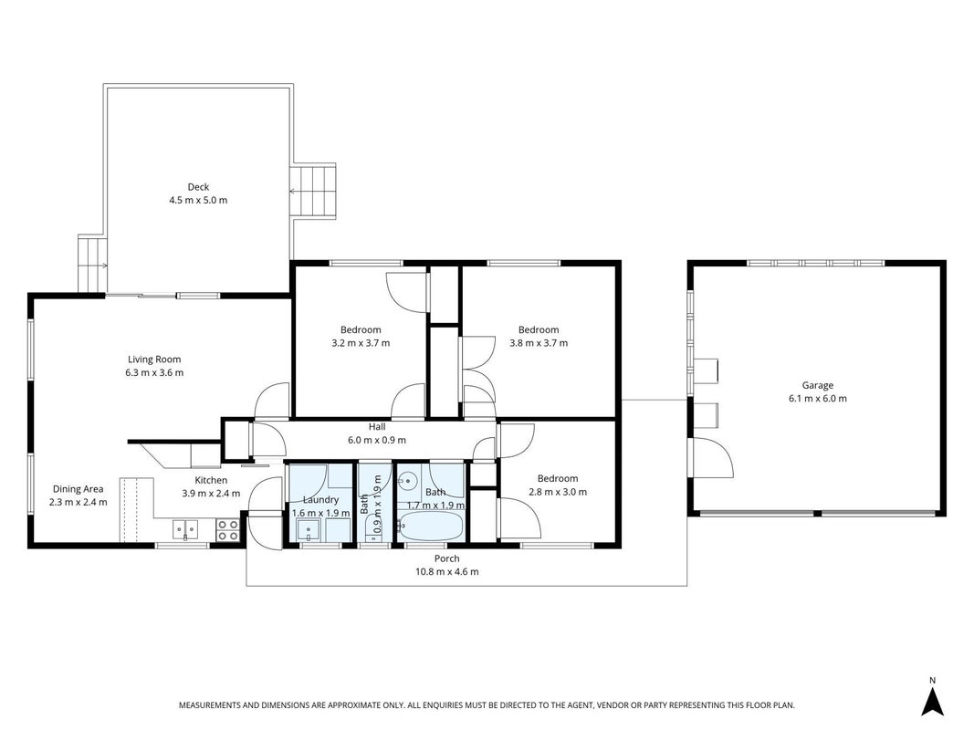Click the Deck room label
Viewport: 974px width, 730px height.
(x=198, y=187)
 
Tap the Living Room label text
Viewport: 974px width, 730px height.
(x=154, y=360)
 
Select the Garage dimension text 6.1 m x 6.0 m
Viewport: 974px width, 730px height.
(x=818, y=399)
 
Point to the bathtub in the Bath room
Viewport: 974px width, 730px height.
(x=431, y=527)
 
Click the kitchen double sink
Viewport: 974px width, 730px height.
(x=185, y=529)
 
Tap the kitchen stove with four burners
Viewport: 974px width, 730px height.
(x=227, y=529)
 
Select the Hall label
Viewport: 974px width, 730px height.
(x=377, y=427)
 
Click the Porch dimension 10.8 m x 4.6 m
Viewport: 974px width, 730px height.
(x=447, y=572)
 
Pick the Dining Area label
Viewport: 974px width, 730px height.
(x=78, y=489)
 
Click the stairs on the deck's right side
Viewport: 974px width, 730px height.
(x=313, y=192)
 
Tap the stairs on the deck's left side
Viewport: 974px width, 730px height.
(x=92, y=263)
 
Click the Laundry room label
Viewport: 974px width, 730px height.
(x=320, y=500)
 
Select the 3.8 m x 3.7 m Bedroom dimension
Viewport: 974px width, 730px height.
(x=539, y=343)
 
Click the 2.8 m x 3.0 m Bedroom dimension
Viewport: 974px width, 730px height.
(x=558, y=492)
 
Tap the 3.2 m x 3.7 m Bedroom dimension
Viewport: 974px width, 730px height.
(x=361, y=343)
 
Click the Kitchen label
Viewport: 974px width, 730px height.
(x=211, y=480)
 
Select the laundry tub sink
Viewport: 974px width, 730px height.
(x=309, y=531)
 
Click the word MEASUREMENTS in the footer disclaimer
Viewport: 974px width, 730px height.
(x=209, y=705)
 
